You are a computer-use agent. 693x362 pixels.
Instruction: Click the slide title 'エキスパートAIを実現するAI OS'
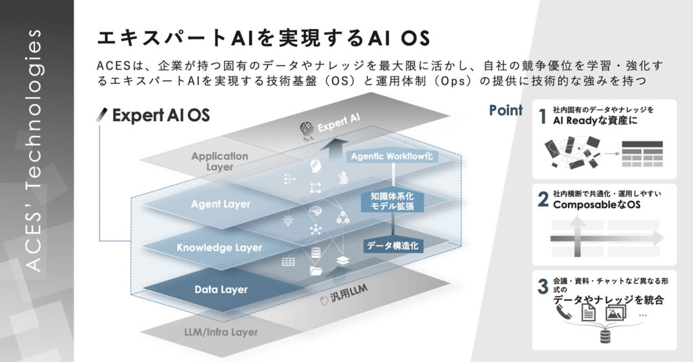[x=263, y=37]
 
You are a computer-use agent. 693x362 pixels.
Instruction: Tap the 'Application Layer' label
[x=219, y=161]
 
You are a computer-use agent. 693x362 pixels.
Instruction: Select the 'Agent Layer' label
[x=221, y=204]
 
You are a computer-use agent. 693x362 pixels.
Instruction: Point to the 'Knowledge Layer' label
[x=219, y=248]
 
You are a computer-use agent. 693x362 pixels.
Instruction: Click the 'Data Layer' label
[x=221, y=290]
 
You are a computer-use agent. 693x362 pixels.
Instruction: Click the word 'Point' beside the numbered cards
[x=506, y=110]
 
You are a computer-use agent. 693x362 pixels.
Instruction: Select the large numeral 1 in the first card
[x=542, y=116]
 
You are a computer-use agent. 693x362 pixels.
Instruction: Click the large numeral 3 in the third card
[x=543, y=286]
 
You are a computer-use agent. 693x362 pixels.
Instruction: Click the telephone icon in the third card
[x=562, y=313]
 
